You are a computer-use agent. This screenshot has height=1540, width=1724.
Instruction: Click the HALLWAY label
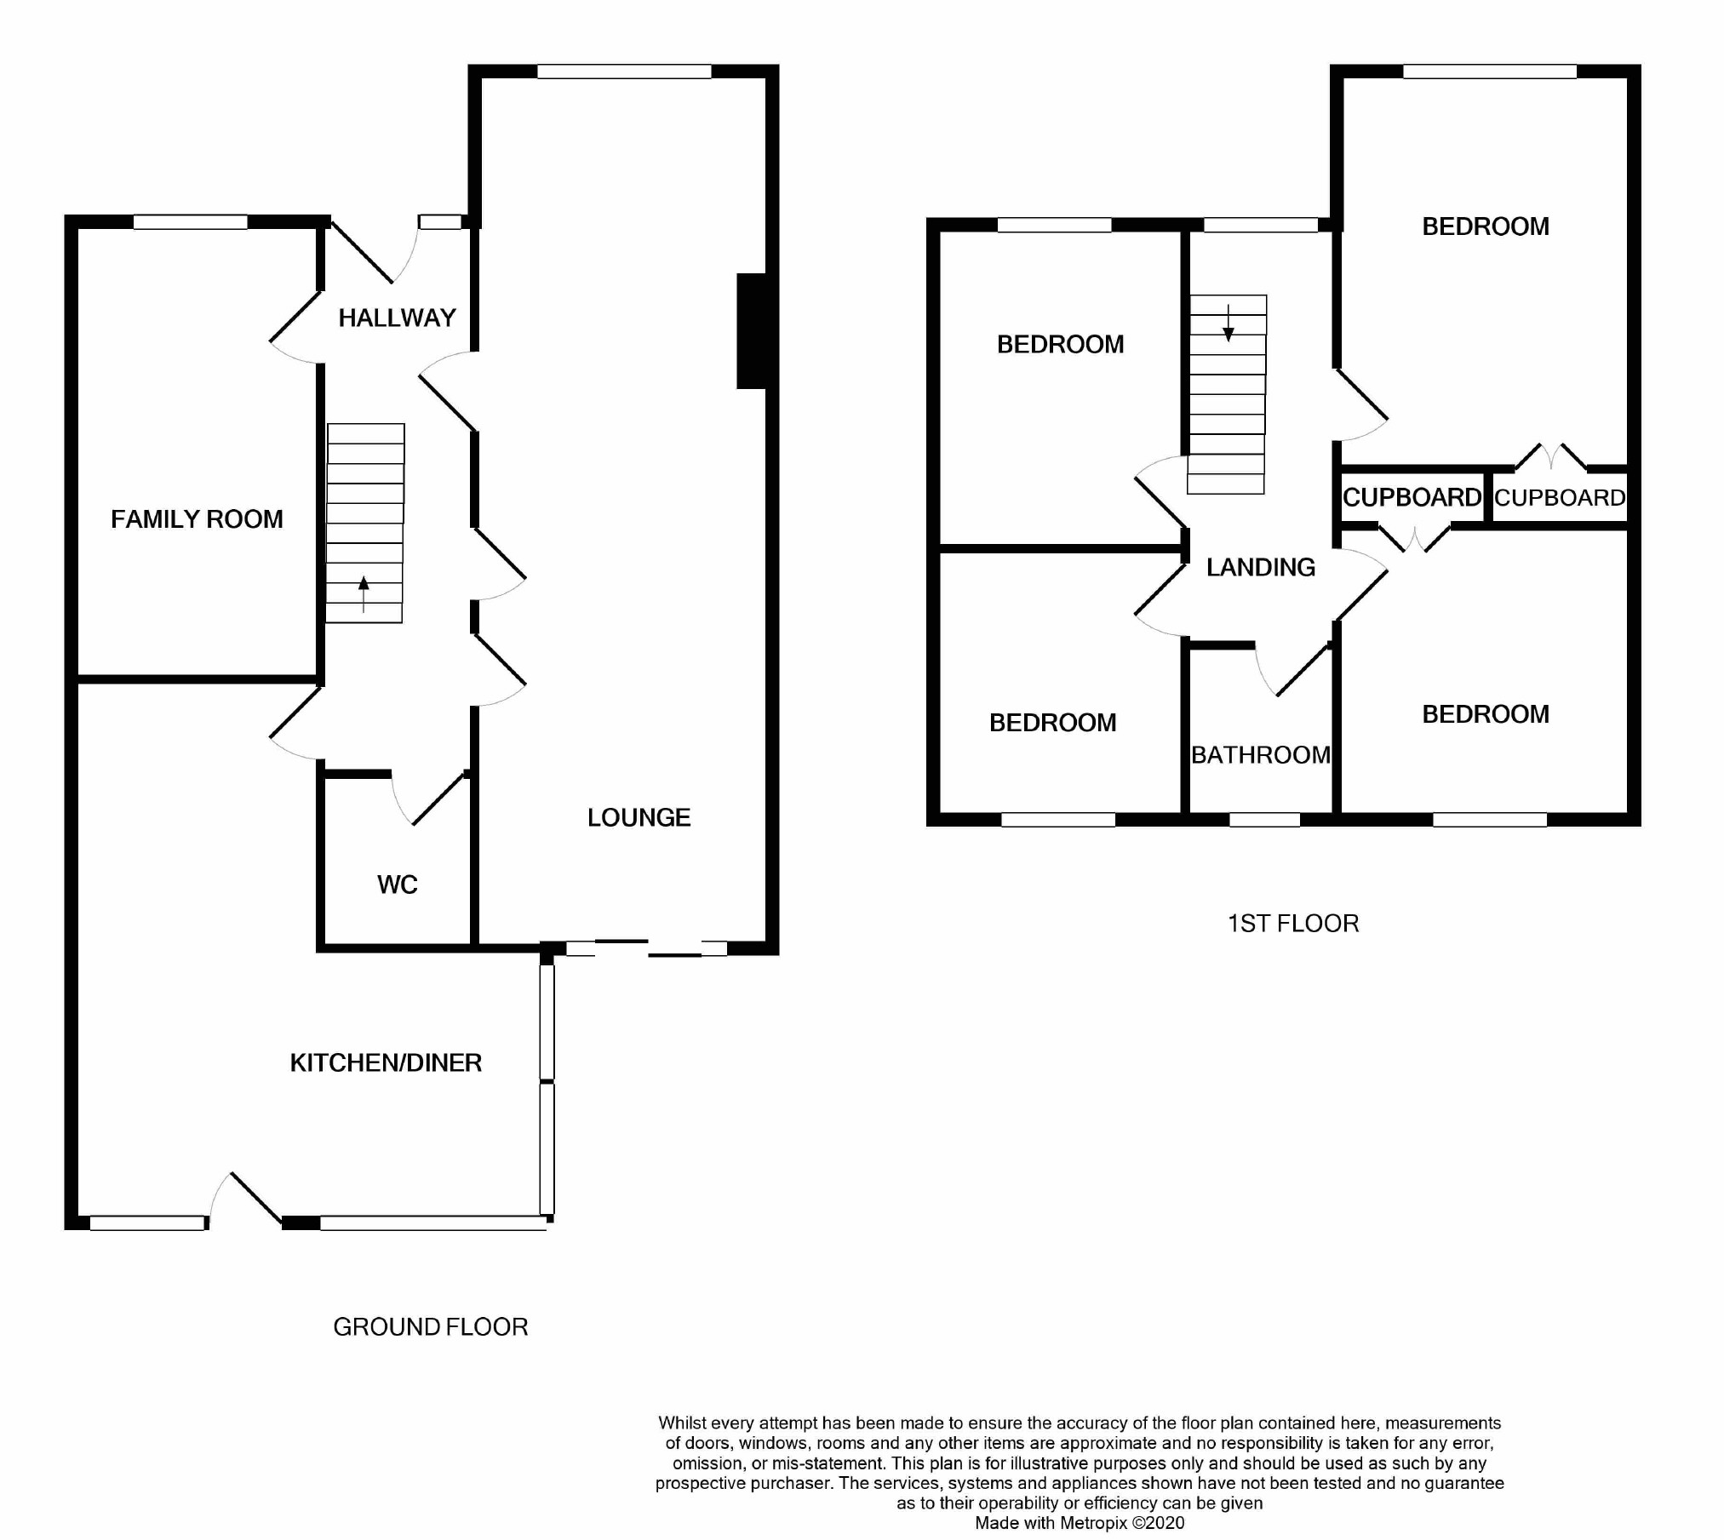coord(397,318)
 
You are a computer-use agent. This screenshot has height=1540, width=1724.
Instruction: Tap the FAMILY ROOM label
coord(197,519)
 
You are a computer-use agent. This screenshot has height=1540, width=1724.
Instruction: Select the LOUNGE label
coord(639,817)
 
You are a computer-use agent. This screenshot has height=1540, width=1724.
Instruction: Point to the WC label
coord(397,884)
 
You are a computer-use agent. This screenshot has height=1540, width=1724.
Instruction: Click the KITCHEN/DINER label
coord(386,1062)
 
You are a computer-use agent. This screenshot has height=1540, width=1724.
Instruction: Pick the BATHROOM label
coord(1260,755)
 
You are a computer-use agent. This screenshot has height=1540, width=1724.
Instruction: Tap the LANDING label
coord(1261,567)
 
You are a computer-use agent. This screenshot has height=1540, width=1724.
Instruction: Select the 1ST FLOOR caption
coord(1292,924)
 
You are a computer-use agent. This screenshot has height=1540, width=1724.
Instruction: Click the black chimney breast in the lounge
coord(751,331)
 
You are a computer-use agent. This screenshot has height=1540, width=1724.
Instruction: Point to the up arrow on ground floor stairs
coord(364,594)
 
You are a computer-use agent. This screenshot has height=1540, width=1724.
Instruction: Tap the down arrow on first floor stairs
coord(1229,323)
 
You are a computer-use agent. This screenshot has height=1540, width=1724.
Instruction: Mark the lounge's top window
coord(624,72)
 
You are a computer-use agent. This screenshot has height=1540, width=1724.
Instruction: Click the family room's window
coord(191,222)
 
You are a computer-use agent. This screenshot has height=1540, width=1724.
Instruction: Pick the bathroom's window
coord(1265,820)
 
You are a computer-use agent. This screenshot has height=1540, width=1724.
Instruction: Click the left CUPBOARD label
coord(1412,497)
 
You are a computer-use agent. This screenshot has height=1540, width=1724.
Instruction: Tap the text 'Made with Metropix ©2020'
coord(1080,1523)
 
